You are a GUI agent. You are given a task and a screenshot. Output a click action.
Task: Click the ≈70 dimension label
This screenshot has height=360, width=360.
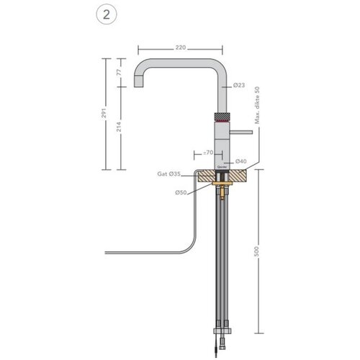coord(207,153)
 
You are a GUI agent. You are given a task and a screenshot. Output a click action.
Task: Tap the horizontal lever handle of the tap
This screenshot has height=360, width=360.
coord(241,132)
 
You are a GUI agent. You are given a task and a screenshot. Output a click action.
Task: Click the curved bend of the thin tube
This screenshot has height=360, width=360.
coord(189,243)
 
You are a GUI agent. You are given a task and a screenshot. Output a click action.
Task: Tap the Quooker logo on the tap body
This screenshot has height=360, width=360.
coord(220,163)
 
